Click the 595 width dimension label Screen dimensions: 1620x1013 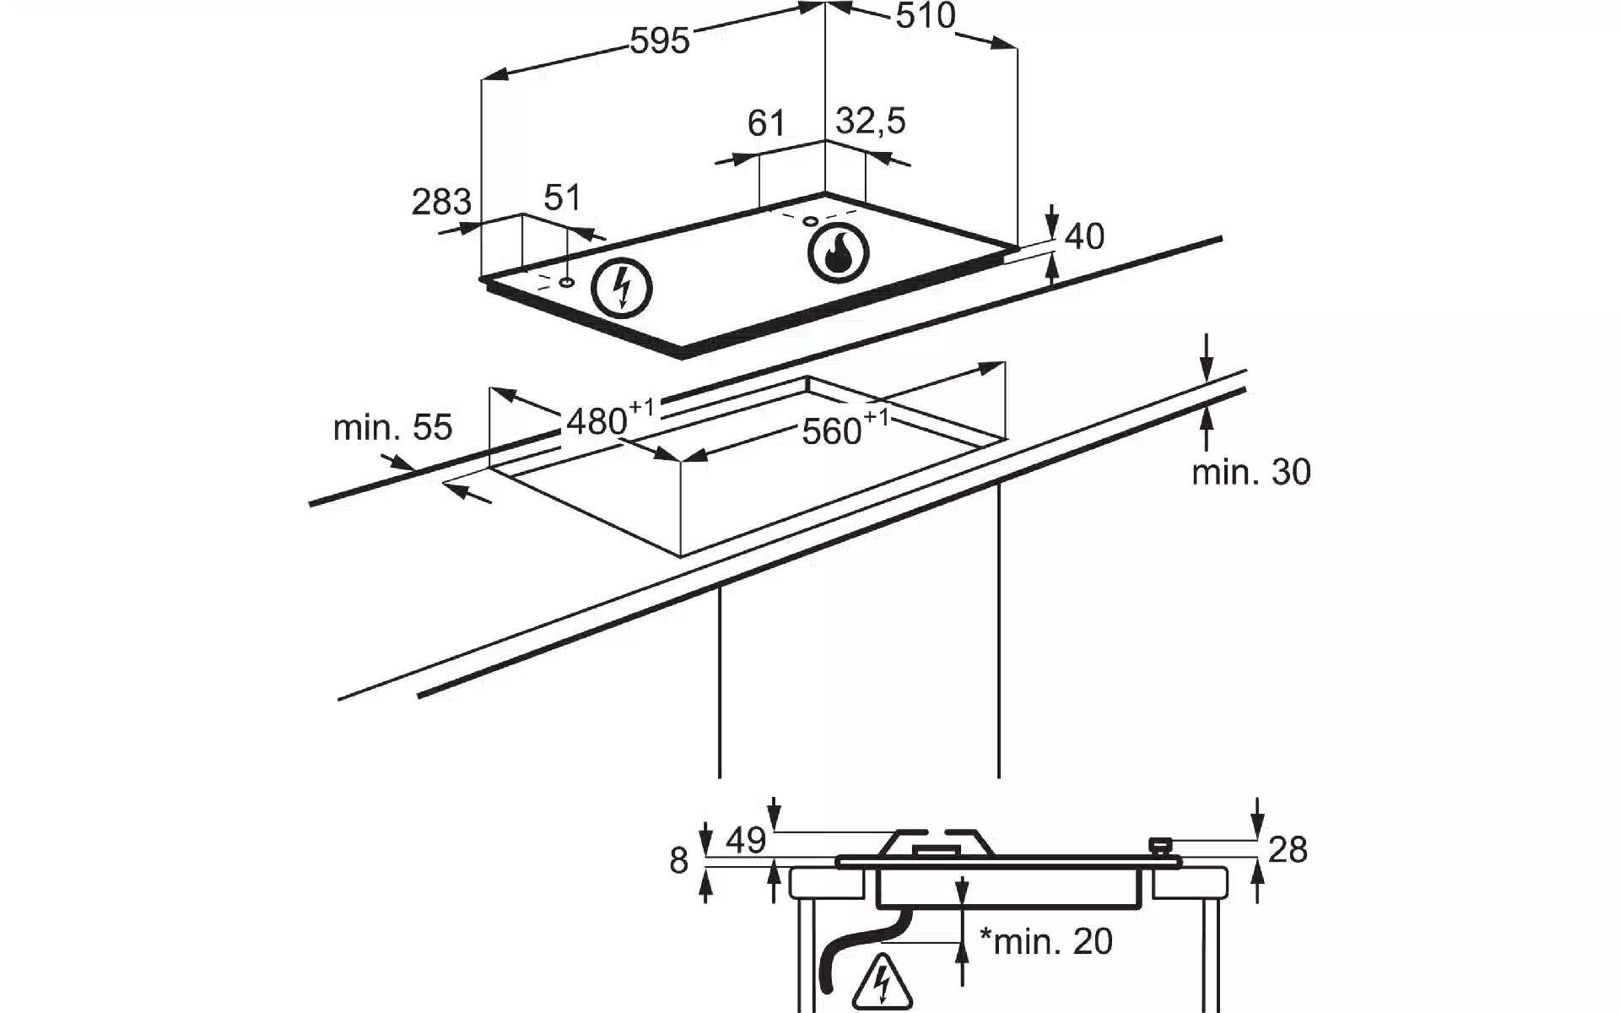[660, 41]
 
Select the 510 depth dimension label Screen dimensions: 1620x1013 [925, 16]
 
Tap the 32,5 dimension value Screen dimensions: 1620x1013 [871, 121]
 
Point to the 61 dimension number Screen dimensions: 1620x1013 [766, 123]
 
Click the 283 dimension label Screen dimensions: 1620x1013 [441, 202]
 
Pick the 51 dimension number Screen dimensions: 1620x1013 [563, 198]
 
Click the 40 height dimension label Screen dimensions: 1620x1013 [1084, 236]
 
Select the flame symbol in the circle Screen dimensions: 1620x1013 [838, 252]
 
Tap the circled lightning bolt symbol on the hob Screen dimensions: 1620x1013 [622, 287]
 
